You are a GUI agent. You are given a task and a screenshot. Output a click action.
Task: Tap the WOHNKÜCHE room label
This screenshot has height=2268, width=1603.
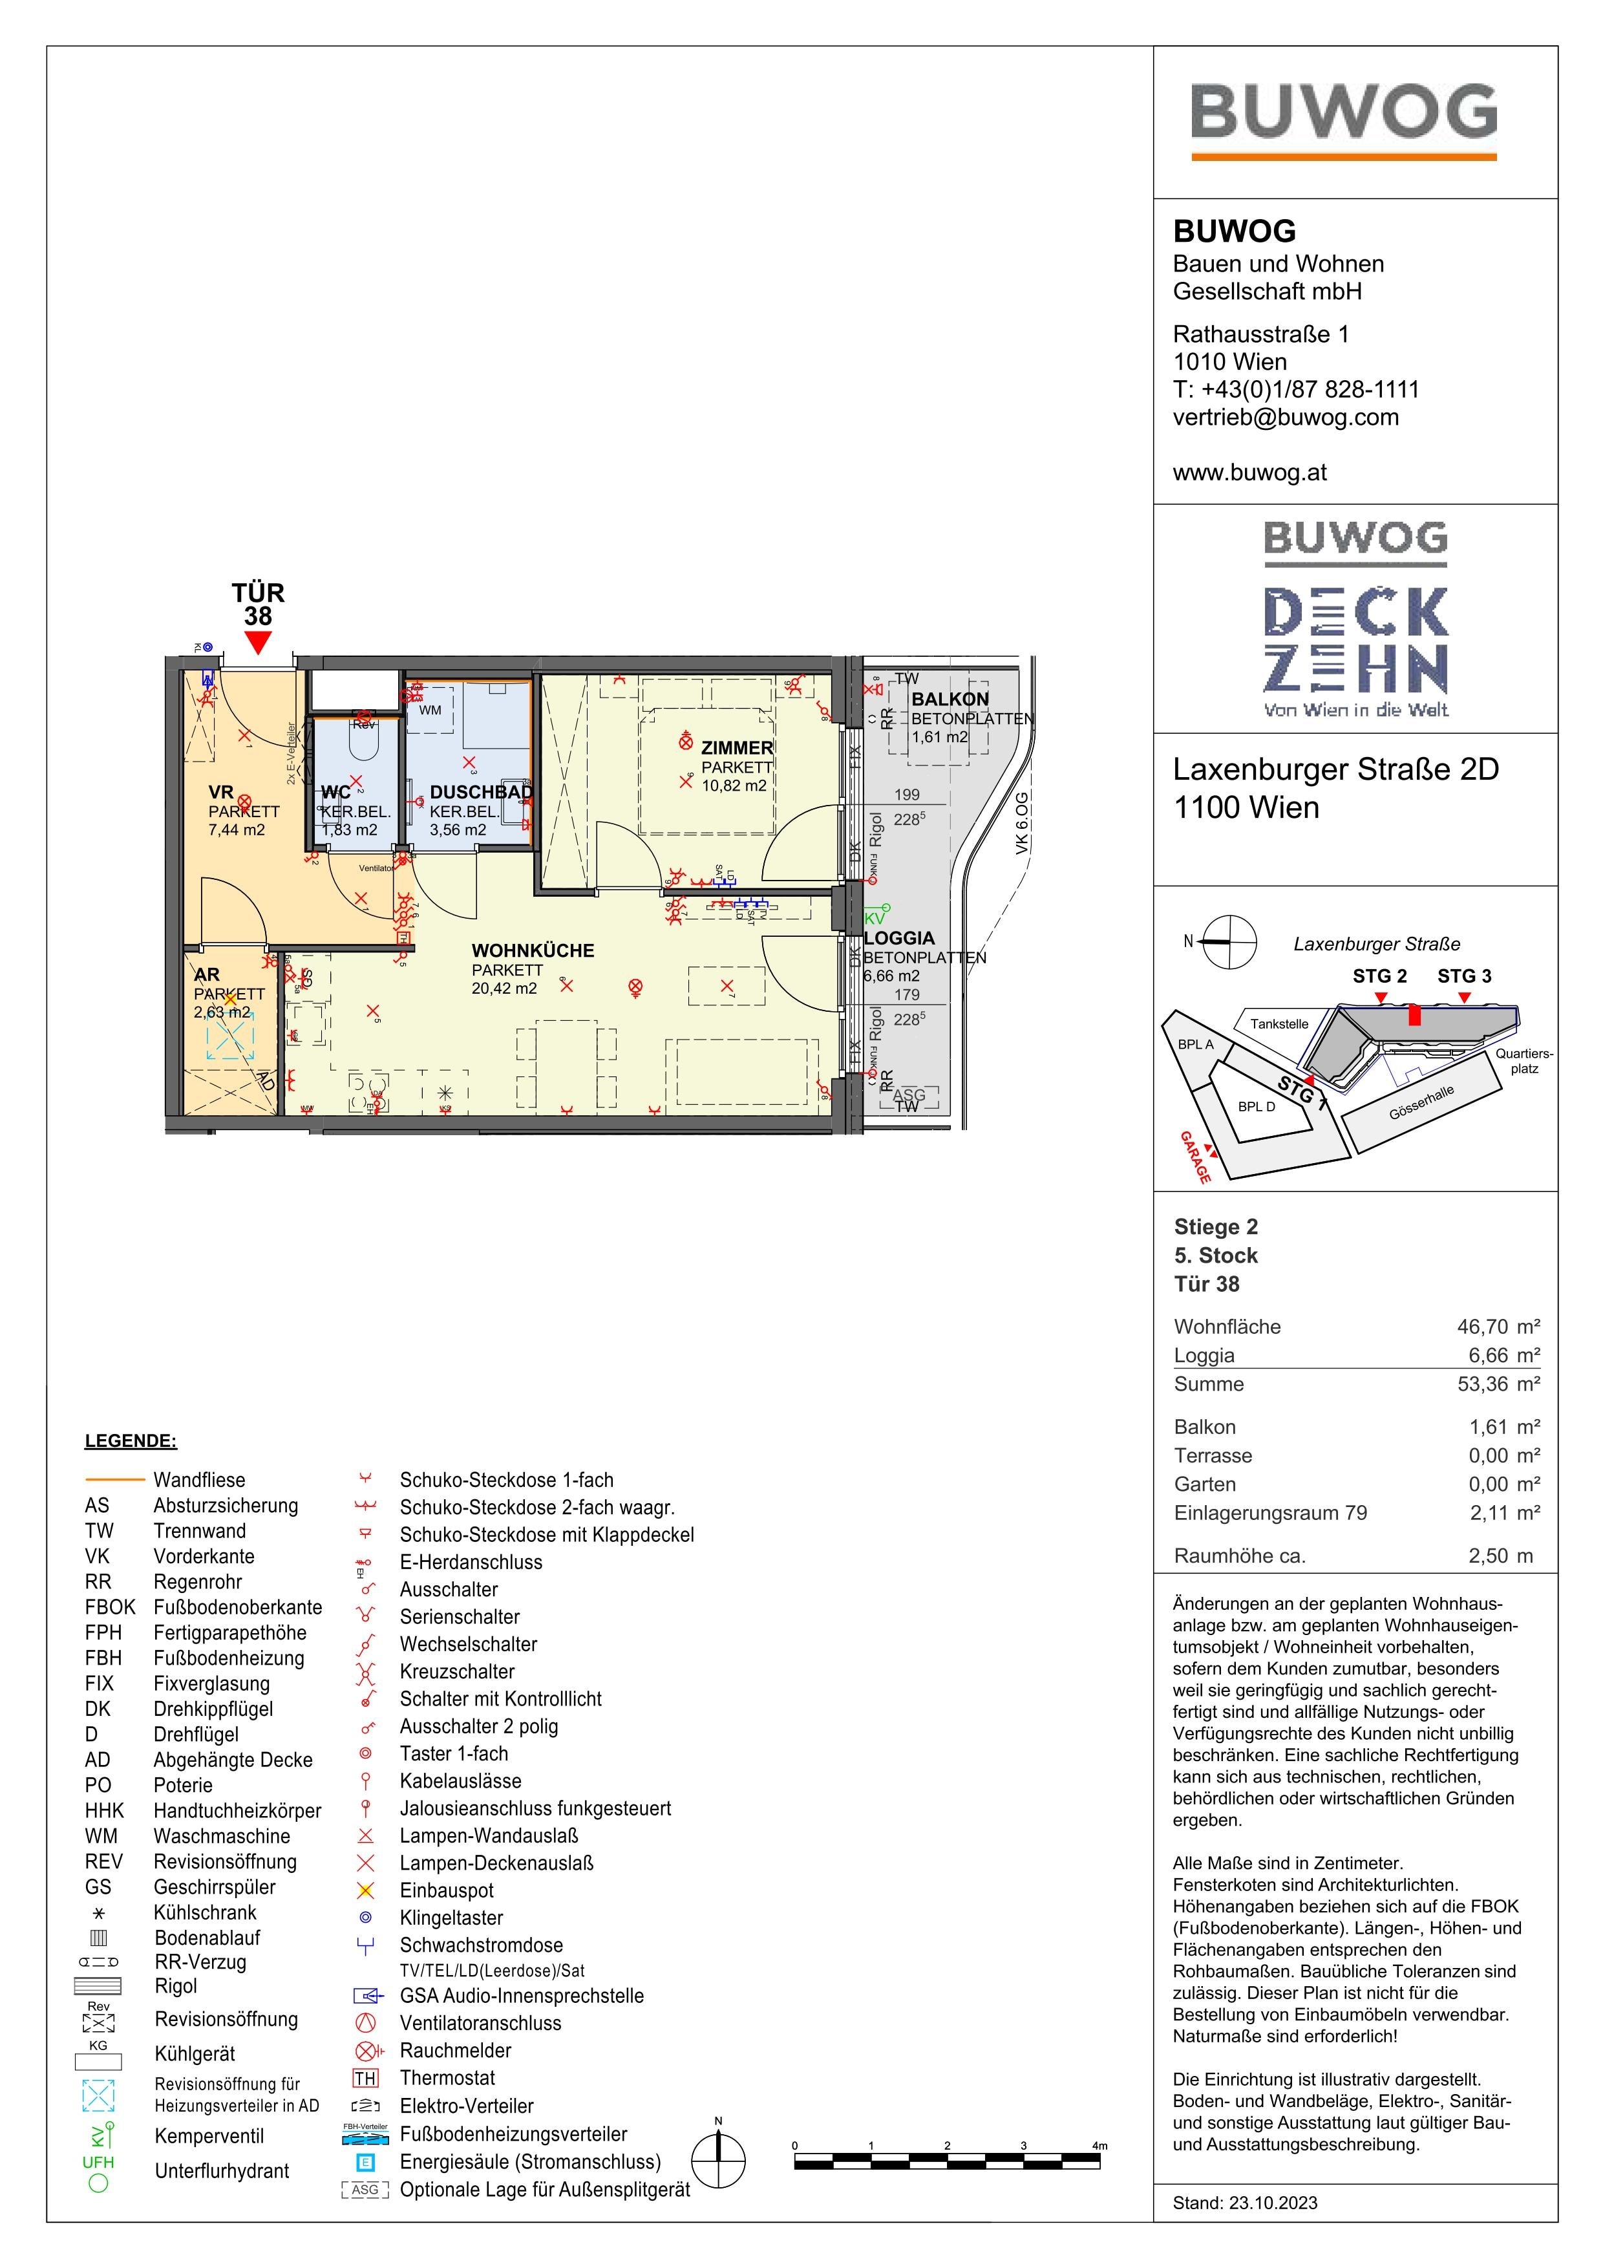click(533, 950)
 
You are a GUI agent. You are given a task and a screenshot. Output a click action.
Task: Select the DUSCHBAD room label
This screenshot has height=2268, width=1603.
click(481, 791)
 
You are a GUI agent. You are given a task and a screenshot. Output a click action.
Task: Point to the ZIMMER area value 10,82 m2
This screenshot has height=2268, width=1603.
click(733, 786)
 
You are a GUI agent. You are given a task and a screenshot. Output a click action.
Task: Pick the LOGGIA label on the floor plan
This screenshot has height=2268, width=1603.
click(899, 937)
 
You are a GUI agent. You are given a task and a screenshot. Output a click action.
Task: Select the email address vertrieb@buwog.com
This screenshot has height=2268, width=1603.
click(1285, 417)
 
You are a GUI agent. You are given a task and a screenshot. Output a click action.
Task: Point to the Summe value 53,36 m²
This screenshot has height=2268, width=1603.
click(1498, 1384)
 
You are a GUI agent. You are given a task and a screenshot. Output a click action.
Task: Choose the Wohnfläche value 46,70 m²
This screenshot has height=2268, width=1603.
click(1498, 1327)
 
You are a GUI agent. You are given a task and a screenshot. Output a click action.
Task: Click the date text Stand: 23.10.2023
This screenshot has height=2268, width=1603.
click(1244, 2203)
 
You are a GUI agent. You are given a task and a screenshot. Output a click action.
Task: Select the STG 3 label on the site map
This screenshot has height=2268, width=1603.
click(1464, 976)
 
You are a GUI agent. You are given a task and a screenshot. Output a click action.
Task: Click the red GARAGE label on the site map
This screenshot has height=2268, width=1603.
click(1195, 1157)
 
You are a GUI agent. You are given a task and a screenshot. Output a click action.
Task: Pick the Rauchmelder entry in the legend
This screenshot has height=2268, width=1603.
click(455, 2051)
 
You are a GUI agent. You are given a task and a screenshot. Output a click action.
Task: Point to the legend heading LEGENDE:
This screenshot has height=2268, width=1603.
click(131, 1440)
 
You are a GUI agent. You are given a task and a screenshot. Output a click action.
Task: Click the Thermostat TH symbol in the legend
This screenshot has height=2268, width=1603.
click(365, 2079)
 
